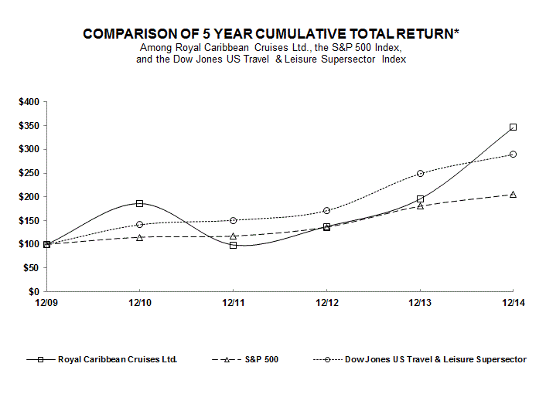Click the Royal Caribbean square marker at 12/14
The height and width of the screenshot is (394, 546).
coord(513,127)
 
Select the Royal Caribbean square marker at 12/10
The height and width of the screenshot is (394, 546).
coord(139,203)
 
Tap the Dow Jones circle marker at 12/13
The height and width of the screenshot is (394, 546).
coord(420,174)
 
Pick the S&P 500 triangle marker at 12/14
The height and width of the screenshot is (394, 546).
coord(513,194)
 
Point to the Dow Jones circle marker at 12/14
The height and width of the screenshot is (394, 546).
coord(513,155)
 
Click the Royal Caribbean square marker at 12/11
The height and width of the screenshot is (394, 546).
coord(233,245)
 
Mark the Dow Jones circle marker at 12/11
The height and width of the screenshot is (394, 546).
coord(233,220)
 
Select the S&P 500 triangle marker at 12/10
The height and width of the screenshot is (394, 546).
coord(139,237)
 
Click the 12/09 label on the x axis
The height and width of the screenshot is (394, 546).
coord(46,304)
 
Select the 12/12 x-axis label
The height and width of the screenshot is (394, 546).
coord(326,304)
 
